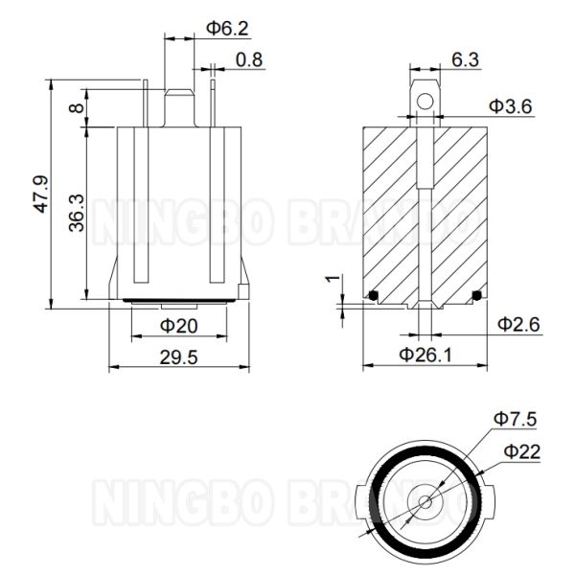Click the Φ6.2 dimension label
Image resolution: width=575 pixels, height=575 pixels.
point(227,28)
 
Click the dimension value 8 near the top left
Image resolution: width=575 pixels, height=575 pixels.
point(77,108)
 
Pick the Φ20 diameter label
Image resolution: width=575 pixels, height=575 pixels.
point(178,326)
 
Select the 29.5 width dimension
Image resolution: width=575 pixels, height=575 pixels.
point(178,357)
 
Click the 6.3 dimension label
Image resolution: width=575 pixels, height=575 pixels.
point(465,59)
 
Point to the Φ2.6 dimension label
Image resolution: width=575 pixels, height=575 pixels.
point(519,325)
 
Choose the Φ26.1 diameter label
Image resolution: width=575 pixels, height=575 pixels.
point(425,356)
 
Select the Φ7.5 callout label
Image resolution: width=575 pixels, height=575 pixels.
point(514,419)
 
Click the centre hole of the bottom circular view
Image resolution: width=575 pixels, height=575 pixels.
point(424,500)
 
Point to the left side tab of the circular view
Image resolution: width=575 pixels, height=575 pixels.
point(359,500)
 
